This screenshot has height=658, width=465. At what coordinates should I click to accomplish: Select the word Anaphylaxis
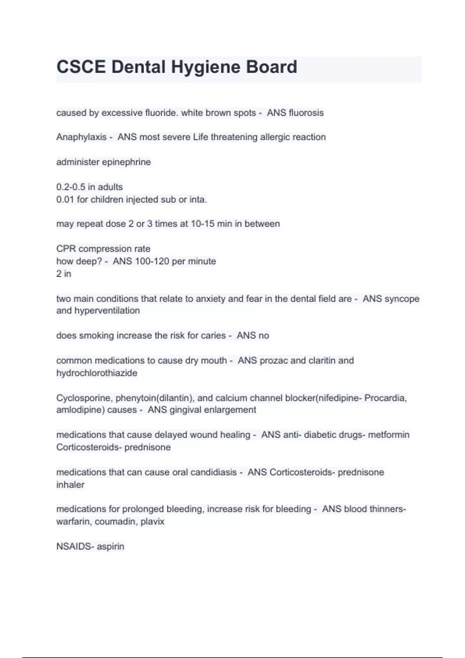tap(81, 137)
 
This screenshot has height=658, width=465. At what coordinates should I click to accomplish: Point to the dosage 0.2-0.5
tap(71, 187)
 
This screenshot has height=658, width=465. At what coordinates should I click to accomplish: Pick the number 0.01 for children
tap(65, 200)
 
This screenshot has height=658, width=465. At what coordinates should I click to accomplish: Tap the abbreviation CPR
tap(66, 249)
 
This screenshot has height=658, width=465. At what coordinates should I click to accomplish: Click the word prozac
tap(274, 361)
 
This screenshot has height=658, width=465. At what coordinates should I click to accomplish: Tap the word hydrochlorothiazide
tap(97, 373)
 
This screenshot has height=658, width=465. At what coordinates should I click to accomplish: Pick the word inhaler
tap(70, 485)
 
